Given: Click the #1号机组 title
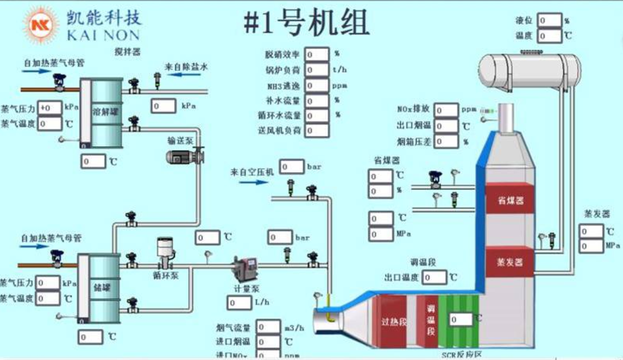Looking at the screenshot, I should [306, 23].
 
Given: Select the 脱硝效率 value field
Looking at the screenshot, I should [317, 54].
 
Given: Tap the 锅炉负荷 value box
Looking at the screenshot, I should [317, 70].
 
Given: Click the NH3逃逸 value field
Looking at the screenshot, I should [317, 86].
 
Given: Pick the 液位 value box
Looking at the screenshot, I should [549, 21].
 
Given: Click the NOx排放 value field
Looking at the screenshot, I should [446, 110].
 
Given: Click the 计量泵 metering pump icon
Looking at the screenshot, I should [241, 268].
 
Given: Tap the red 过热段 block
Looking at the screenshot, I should [394, 322].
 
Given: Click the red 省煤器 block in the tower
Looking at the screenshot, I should [509, 200].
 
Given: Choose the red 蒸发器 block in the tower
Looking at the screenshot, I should [509, 262].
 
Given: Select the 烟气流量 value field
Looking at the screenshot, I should [268, 327].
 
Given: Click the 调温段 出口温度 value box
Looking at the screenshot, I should [435, 277].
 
